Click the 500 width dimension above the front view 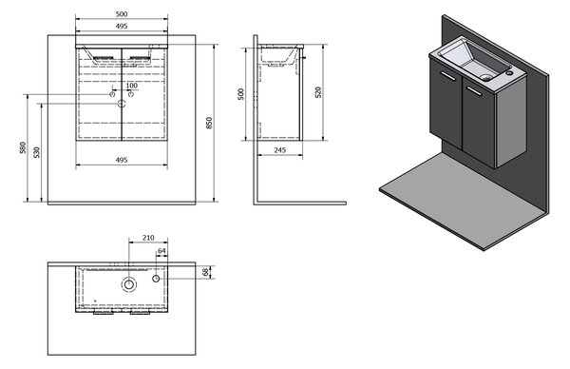coord(122,14)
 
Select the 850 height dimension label coord(209,123)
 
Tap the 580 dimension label coord(23,147)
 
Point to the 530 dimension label coord(37,152)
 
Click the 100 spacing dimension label coord(132,86)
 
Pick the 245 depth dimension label coord(280,150)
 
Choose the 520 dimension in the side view coord(318,92)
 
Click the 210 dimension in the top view coord(148,238)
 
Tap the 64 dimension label coord(161,251)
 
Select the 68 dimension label coord(206,272)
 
